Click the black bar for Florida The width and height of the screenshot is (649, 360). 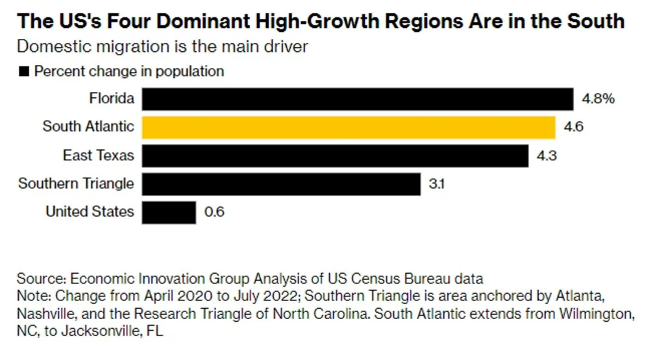(357, 99)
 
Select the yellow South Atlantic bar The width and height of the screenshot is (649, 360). (349, 127)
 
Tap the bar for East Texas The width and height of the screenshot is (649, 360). (335, 156)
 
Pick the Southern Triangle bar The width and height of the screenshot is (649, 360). (281, 184)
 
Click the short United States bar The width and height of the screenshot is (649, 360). (169, 212)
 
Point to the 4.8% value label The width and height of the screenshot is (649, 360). (598, 99)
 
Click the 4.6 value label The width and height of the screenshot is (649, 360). (574, 127)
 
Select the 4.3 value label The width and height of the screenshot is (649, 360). (546, 156)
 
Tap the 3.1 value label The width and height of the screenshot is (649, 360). (436, 184)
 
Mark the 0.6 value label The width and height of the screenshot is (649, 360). (214, 212)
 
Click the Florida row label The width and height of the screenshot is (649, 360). (112, 99)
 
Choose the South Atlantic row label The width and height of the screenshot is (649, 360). (88, 126)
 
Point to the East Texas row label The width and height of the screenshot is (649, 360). (99, 155)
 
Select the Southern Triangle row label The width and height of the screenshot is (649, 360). (76, 184)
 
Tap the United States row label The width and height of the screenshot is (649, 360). (90, 211)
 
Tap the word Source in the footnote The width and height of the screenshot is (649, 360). (39, 279)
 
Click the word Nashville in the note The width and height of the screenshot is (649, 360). (46, 315)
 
